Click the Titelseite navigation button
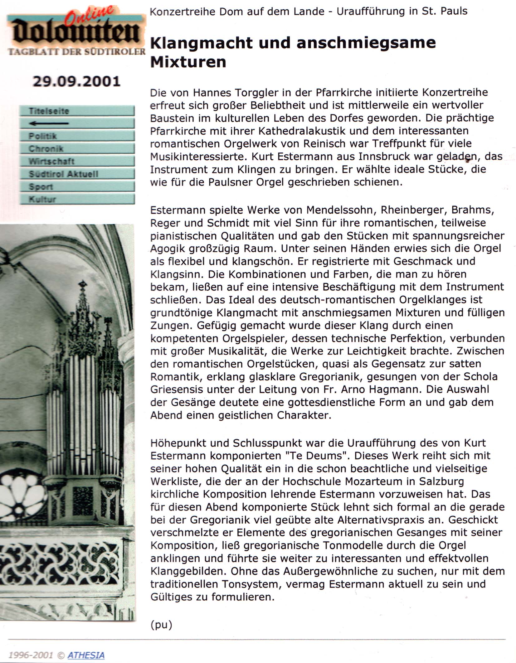pos(77,111)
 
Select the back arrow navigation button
pos(77,123)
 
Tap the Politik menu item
pos(77,136)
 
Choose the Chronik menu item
pos(77,149)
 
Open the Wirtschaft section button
pos(77,161)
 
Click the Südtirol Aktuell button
pos(77,174)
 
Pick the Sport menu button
pos(77,186)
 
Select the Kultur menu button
pos(77,199)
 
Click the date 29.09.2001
pos(76,82)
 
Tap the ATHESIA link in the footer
pos(86,655)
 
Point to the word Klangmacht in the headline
pos(201,43)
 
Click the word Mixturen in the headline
pos(188,62)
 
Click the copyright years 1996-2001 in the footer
pos(31,655)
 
